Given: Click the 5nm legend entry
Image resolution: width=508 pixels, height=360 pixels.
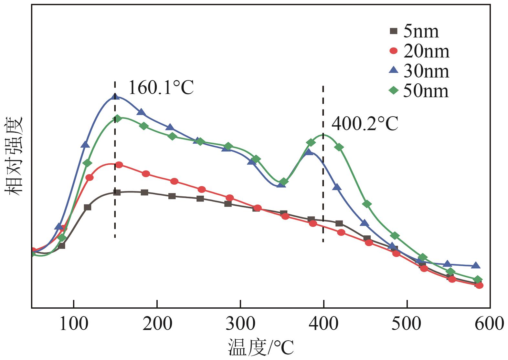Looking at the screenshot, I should click(415, 32).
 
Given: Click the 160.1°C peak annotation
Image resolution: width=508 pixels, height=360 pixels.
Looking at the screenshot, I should click(161, 87).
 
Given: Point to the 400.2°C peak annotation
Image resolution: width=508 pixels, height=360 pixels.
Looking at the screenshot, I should click(365, 124).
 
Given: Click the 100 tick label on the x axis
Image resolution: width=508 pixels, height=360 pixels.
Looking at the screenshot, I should click(74, 324).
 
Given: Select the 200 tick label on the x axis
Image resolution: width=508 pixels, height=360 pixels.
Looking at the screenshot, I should click(157, 324).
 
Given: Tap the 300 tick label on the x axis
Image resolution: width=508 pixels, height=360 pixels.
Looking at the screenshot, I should click(240, 324).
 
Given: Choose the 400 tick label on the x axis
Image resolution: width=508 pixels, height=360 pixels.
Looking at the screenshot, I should click(323, 324).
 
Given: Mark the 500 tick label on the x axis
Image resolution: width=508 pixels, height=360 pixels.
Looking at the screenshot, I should click(407, 324).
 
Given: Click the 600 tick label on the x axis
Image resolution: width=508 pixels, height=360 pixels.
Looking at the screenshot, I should click(489, 324).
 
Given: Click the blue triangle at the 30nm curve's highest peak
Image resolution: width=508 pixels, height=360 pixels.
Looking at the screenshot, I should click(114, 96).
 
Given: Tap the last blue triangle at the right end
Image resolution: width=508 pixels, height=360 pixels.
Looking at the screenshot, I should click(476, 265).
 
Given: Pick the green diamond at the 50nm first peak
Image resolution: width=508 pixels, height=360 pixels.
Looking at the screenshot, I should click(118, 118).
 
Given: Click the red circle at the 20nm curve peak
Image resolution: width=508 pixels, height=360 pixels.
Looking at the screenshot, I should click(119, 165).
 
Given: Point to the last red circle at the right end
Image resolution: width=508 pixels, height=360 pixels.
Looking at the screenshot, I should click(480, 285).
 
